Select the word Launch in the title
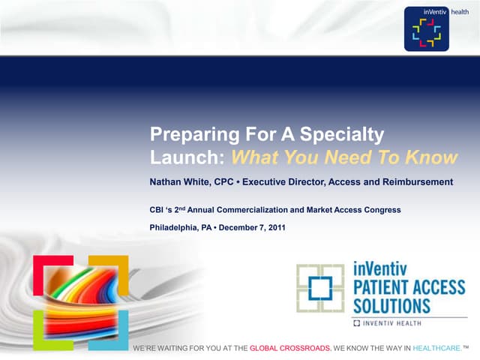coord(187,157)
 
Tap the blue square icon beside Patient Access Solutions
coord(320,288)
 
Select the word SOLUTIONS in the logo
coord(391,306)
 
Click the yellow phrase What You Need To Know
coord(343,157)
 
